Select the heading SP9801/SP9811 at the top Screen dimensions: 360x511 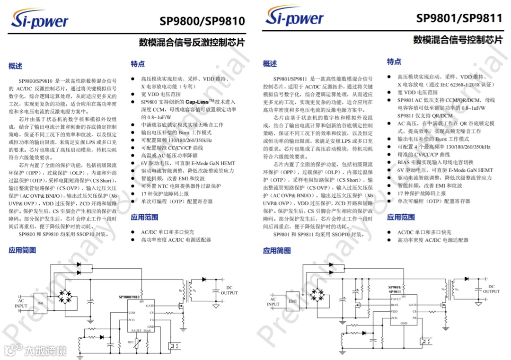459,18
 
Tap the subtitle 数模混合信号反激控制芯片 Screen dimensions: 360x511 192,42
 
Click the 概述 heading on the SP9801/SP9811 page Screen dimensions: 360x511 270,64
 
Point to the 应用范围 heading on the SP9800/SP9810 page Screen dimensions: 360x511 144,217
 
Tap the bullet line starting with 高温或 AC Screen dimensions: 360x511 169,155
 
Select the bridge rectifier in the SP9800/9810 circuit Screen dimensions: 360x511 66,297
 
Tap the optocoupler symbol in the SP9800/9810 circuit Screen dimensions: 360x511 174,342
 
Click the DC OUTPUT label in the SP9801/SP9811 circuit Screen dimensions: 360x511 491,289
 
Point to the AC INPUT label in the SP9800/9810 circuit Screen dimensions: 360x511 21,303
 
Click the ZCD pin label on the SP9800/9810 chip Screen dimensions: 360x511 132,320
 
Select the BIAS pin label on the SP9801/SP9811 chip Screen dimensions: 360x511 394,305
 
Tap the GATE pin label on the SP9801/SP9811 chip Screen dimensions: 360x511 412,305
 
